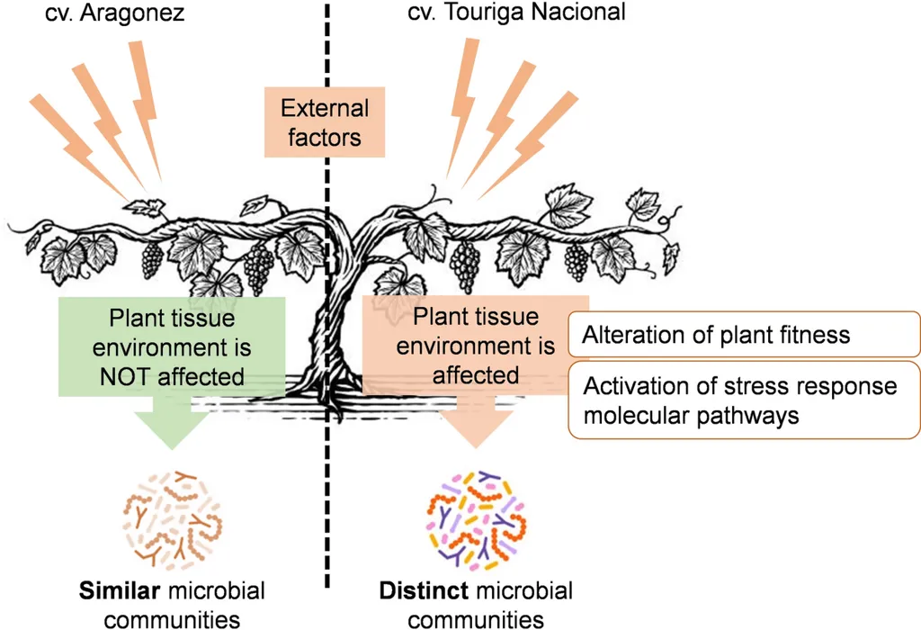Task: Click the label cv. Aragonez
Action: (114, 13)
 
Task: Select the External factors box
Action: (325, 122)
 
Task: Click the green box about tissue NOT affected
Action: (172, 347)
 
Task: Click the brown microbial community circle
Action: (173, 522)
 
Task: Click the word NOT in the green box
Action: (126, 376)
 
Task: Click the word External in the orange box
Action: (325, 109)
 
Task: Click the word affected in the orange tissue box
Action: (475, 374)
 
